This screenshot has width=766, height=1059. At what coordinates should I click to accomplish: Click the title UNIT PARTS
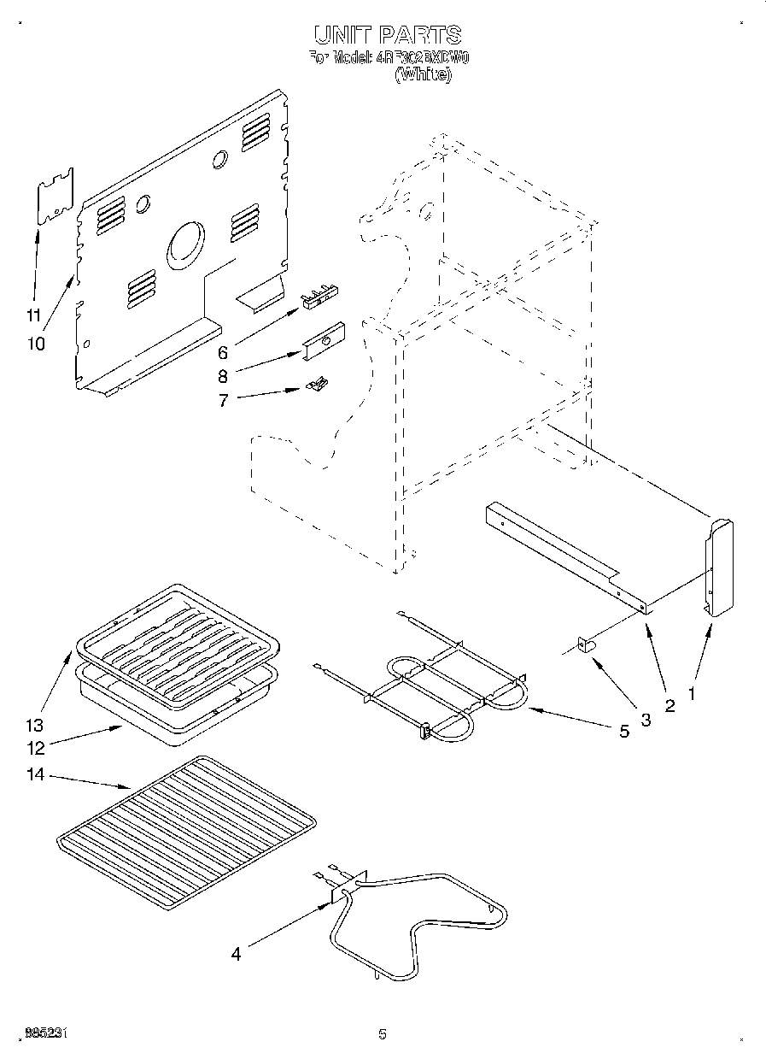click(x=388, y=35)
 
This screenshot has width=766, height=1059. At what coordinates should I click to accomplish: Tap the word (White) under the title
click(x=423, y=74)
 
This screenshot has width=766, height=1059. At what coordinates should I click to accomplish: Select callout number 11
click(x=33, y=315)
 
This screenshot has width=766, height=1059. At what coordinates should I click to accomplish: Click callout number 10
click(x=37, y=344)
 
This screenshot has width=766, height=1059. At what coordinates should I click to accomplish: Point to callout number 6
click(x=223, y=351)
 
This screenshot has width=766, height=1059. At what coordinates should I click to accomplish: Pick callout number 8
click(x=223, y=374)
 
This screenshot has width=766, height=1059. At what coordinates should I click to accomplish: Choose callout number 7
click(x=223, y=400)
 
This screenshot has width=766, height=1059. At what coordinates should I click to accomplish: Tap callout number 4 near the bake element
click(x=236, y=954)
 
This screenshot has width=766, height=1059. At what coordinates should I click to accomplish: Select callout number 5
click(x=623, y=731)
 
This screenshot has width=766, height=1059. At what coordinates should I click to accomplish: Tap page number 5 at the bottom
click(x=383, y=1035)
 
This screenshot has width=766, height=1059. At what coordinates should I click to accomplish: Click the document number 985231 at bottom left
click(x=45, y=1034)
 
